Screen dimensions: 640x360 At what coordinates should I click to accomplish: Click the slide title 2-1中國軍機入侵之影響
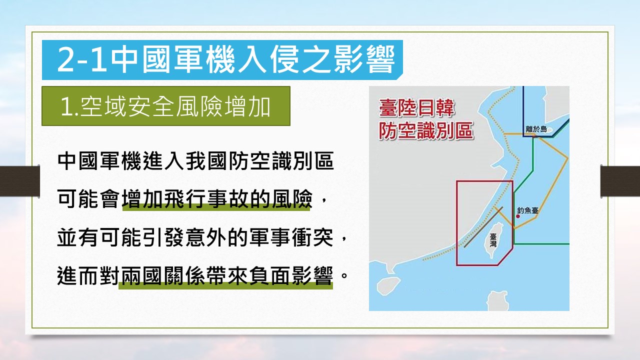(x=226, y=60)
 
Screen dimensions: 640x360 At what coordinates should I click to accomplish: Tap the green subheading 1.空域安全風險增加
(x=165, y=106)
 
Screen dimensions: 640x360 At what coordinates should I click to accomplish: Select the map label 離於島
(x=536, y=129)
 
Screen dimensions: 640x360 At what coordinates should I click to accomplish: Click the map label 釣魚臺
(x=527, y=210)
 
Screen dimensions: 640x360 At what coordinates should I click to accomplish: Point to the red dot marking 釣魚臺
(x=518, y=216)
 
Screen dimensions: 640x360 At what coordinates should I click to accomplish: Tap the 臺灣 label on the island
(x=493, y=240)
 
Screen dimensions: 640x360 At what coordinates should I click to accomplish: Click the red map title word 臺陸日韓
(x=416, y=108)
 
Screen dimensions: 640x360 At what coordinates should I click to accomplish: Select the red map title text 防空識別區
(x=426, y=131)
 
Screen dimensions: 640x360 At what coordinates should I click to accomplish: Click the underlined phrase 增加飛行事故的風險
(x=217, y=199)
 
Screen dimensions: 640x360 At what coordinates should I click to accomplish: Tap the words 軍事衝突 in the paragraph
(x=291, y=237)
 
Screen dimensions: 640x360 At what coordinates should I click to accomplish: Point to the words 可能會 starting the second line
(x=88, y=199)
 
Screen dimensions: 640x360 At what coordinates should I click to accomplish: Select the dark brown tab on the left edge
(x=19, y=181)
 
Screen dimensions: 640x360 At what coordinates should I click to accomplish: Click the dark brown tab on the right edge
(x=620, y=181)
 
